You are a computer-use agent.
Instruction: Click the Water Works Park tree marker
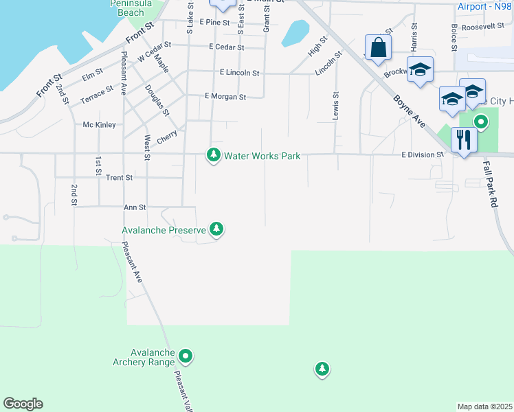coord(214,156)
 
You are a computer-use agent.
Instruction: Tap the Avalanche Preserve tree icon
coord(216,229)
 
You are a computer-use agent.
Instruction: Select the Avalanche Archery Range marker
coord(186,356)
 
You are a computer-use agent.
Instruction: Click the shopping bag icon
coord(378,48)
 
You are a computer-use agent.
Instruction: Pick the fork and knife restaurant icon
coord(464,140)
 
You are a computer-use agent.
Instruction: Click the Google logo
coord(23,404)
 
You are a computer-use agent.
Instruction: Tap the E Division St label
coord(423,155)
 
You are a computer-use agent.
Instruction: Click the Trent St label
coord(120,178)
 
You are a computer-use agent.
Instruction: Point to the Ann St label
coord(135,207)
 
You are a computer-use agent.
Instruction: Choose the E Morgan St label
coord(225,98)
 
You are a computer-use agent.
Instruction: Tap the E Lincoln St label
coord(239,73)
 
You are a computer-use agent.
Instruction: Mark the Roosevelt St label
coord(483,27)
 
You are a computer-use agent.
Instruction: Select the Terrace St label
coord(96,93)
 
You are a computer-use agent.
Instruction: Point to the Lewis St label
coord(336,106)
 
